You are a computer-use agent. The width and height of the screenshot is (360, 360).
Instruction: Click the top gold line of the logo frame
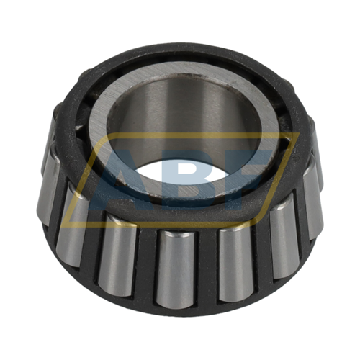(216, 135)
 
